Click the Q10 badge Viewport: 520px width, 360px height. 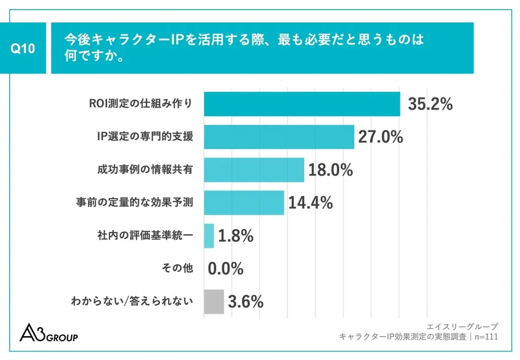[x=23, y=48]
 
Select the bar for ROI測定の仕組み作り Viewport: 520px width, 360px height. [x=302, y=104]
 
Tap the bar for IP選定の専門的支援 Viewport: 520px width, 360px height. [x=279, y=137]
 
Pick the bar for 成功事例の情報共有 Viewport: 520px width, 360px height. [x=254, y=170]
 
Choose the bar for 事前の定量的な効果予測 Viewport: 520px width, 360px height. [x=244, y=203]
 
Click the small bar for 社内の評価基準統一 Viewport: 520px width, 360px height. [x=209, y=236]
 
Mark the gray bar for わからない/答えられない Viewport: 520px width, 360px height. [x=213, y=302]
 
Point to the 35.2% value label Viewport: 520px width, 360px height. [x=430, y=104]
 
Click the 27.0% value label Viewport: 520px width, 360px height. [x=380, y=137]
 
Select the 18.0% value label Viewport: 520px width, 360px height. [x=331, y=170]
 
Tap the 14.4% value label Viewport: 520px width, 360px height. [x=310, y=203]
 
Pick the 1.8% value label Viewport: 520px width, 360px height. [x=236, y=236]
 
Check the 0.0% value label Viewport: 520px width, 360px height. [x=225, y=269]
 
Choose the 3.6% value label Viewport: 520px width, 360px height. [x=245, y=302]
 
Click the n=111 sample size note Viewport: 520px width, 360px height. [x=486, y=337]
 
